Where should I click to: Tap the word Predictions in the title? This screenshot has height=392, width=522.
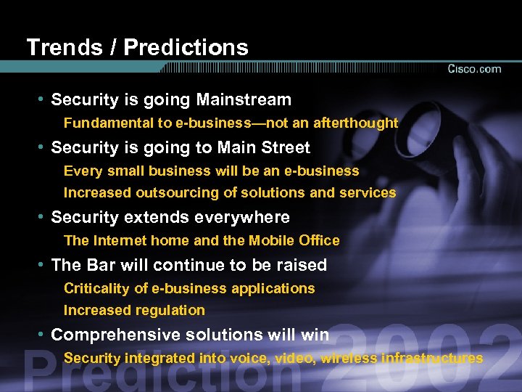(186, 48)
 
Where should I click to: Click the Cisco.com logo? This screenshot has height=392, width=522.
(474, 69)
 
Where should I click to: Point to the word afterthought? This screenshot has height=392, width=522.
(356, 123)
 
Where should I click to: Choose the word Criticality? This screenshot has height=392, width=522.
(96, 289)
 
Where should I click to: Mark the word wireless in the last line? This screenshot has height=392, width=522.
(350, 358)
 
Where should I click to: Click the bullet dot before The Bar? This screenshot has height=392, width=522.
(43, 265)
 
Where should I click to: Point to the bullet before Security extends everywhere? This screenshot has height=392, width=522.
(43, 217)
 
